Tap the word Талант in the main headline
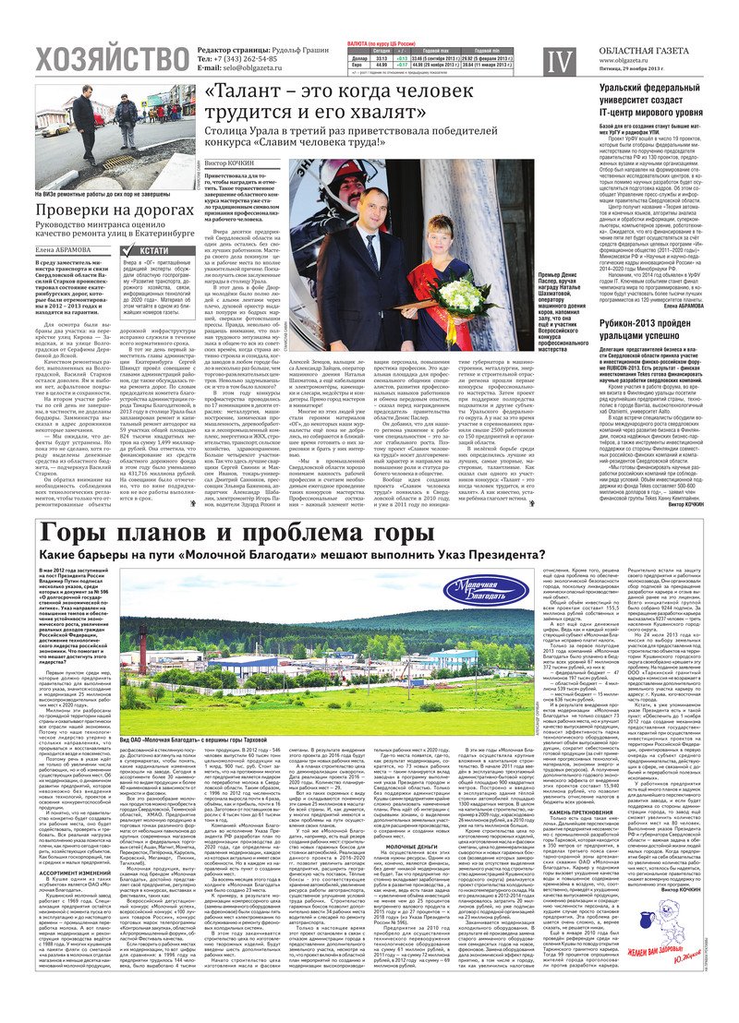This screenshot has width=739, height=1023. click(248, 93)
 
